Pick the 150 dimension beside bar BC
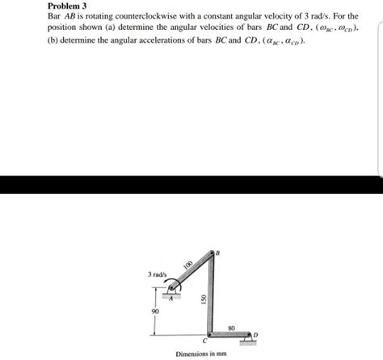[x=204, y=297]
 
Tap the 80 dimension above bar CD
[x=231, y=324]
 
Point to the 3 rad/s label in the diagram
[x=157, y=275]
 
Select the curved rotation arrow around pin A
[x=166, y=283]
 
